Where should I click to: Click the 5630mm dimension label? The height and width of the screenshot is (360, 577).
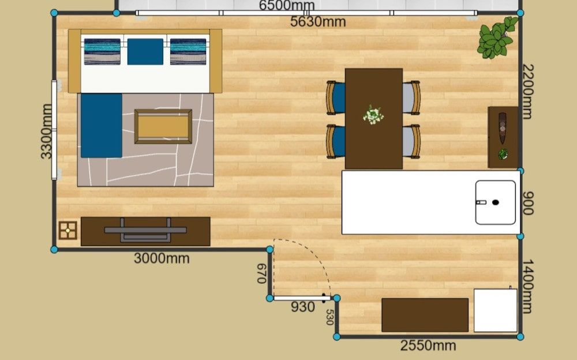point(318,22)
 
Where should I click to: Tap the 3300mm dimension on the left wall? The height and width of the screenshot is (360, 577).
point(46,132)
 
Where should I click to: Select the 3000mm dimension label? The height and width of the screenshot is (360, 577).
point(162,258)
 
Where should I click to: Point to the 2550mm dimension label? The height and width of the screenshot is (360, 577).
point(428,345)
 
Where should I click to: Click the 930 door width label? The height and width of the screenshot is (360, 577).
point(303,306)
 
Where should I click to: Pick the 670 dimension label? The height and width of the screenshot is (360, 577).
point(261,273)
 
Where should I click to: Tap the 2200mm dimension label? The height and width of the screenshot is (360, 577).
point(528,92)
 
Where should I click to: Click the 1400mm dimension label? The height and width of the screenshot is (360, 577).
point(528,286)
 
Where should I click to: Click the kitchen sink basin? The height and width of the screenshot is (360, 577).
point(495,202)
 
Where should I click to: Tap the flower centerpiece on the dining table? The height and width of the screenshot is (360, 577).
point(373,115)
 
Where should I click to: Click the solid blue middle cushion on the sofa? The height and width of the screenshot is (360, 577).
point(145,51)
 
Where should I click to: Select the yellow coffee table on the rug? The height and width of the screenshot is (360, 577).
point(163,126)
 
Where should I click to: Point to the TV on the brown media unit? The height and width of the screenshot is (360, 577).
point(145,230)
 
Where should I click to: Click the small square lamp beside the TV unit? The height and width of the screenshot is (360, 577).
point(68,230)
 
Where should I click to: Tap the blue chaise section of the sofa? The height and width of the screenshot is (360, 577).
point(102,126)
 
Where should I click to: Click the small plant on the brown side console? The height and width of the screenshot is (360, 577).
point(503,154)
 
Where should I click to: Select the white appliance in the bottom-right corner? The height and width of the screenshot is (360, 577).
point(495,310)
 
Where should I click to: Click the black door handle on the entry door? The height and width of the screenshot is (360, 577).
point(324,298)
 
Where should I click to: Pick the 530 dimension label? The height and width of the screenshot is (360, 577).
point(329,317)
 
